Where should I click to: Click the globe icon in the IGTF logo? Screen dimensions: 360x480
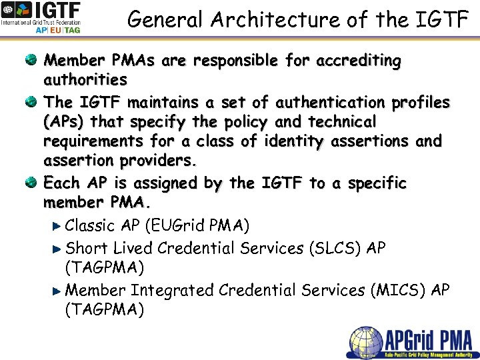pyautogui.click(x=11, y=13)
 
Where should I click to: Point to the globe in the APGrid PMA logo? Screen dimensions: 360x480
pyautogui.click(x=366, y=342)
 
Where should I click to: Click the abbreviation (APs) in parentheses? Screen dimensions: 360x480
pyautogui.click(x=64, y=123)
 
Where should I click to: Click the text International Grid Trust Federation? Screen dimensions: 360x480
pyautogui.click(x=40, y=22)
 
